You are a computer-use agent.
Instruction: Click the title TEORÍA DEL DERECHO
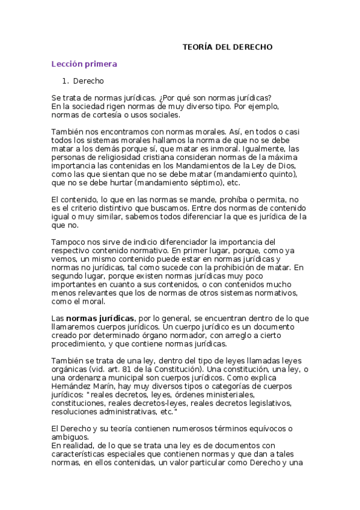[x=228, y=46]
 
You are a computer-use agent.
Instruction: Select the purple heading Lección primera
[x=84, y=64]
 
